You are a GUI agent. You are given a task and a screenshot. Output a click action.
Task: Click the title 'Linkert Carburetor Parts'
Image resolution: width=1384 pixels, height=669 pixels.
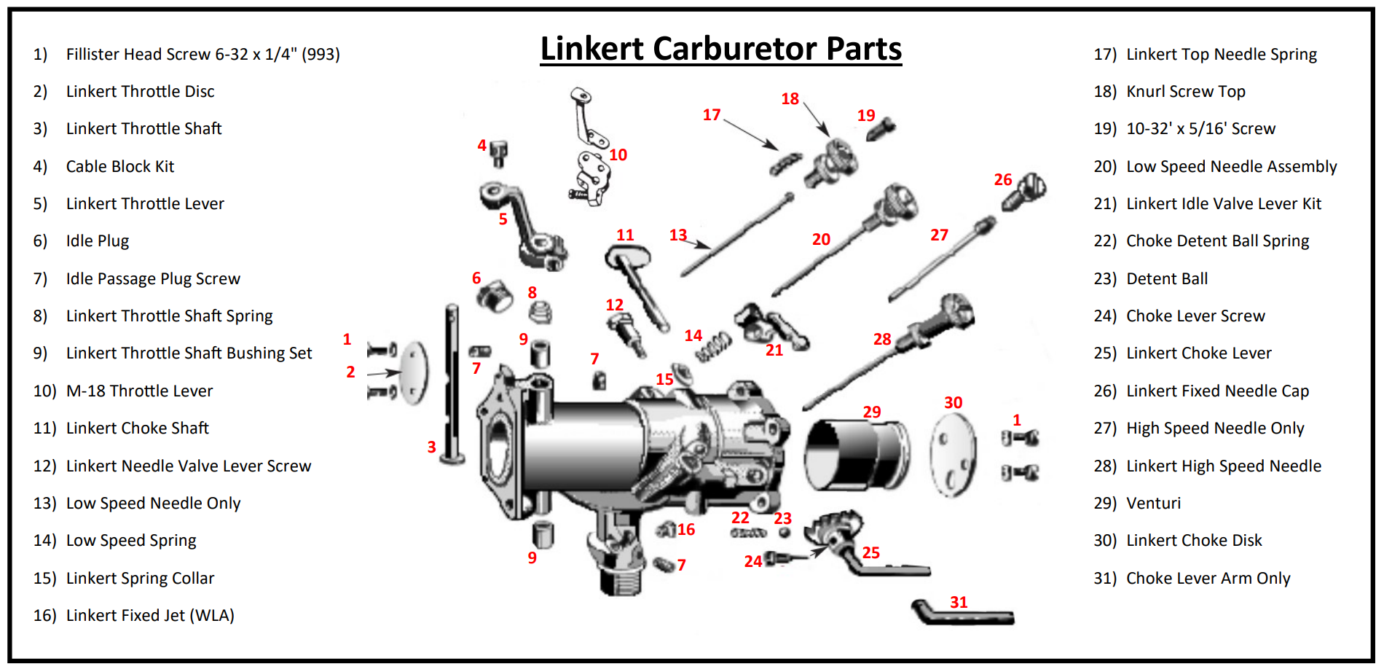point(720,49)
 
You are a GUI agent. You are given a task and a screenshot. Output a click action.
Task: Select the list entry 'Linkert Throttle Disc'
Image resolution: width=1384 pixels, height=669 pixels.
point(140,92)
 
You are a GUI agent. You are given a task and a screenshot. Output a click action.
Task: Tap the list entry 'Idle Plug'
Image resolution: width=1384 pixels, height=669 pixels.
point(97,241)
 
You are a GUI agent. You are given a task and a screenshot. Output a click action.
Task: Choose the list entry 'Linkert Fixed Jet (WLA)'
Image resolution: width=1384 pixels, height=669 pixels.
point(150,616)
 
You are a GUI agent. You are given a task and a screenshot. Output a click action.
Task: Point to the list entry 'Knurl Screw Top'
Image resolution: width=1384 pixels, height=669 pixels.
point(1185,92)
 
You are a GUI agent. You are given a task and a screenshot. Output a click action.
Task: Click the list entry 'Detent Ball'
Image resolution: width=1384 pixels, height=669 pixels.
point(1166,279)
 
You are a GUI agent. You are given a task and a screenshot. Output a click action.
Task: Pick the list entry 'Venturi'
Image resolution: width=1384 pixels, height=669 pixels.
point(1153,504)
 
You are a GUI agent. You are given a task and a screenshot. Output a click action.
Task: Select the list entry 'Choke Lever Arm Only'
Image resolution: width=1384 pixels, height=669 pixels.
point(1208,579)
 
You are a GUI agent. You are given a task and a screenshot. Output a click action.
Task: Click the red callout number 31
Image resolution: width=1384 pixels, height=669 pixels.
point(959,602)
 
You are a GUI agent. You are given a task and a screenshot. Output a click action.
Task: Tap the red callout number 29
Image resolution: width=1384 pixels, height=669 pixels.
point(872,412)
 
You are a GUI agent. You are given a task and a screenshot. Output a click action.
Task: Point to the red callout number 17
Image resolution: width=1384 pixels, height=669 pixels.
point(712,115)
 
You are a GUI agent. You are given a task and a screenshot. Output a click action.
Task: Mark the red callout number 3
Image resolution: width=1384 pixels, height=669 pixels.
point(431,447)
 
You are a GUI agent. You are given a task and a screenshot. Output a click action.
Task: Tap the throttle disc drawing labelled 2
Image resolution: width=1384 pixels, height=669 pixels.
point(414,372)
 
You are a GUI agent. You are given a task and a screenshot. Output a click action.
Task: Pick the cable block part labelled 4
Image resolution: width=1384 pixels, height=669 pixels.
point(498,152)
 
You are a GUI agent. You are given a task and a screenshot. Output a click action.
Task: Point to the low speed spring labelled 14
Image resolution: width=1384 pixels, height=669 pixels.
point(713,346)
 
